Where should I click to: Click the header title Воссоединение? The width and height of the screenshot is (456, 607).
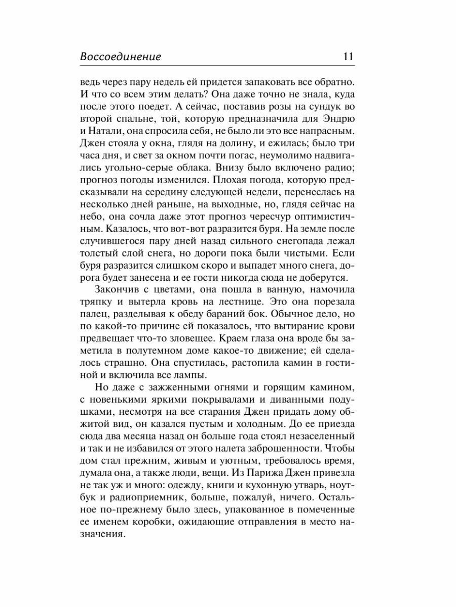pos(121,57)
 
